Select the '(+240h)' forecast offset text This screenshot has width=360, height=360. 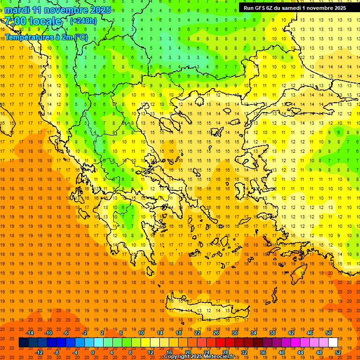point(83,21)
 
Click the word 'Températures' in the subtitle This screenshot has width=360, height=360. point(27,37)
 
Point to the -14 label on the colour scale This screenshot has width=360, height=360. point(30,333)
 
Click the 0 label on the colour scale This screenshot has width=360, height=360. point(92,352)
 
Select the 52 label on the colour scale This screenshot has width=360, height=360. point(338,352)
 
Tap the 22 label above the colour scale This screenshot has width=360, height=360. point(197,333)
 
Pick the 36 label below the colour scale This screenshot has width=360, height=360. point(262,352)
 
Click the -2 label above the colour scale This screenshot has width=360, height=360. point(85,333)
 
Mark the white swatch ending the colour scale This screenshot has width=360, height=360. point(333,342)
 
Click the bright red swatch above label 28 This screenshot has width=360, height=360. point(225,342)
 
